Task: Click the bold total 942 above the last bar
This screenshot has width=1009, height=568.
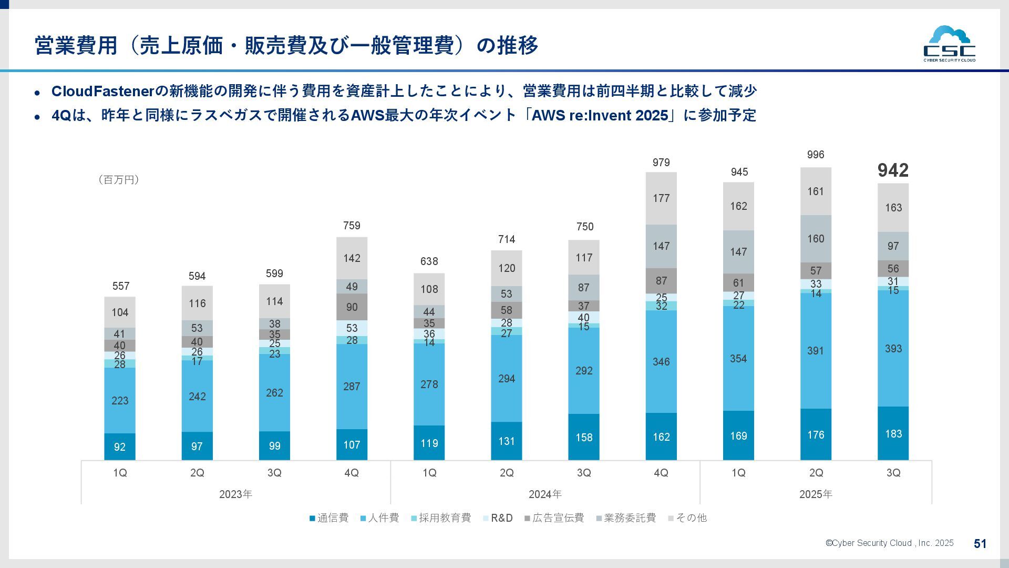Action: coord(893,170)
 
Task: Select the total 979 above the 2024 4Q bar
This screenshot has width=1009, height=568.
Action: coord(661,163)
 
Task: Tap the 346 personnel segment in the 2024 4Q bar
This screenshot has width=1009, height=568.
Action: coord(661,362)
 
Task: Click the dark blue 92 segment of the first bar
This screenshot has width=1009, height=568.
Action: coord(120,447)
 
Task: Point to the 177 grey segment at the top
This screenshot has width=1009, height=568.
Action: coord(661,198)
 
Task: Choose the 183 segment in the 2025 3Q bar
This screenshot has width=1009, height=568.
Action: coord(893,434)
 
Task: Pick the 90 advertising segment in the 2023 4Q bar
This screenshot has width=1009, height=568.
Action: coord(352,307)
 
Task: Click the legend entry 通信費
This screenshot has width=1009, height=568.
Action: coord(329,518)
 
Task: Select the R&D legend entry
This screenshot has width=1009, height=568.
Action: coord(498,518)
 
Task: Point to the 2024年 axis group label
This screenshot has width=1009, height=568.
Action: coord(545,494)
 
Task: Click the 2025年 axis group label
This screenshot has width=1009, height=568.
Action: coord(816,494)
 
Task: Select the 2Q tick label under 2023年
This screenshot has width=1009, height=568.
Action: coord(197,473)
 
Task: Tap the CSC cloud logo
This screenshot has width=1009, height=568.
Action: coord(949,44)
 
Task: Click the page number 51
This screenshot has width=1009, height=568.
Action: coord(980,544)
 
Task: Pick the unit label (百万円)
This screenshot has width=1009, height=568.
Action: coord(118,180)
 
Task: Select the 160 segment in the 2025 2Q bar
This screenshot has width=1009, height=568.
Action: coord(816,239)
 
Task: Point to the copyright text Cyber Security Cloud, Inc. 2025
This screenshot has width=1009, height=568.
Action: coord(889,543)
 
